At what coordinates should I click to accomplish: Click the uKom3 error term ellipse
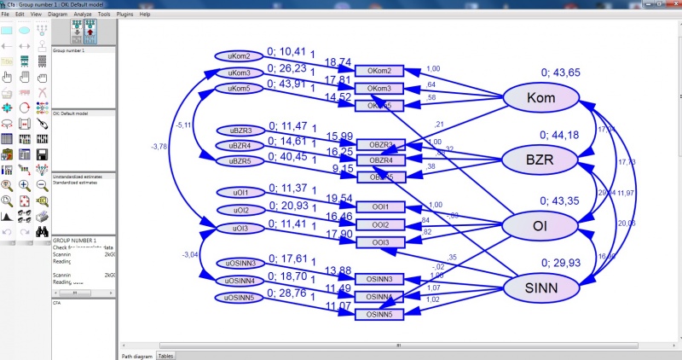point(239,73)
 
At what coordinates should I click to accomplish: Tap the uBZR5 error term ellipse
point(239,160)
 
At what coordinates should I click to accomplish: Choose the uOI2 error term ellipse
point(239,210)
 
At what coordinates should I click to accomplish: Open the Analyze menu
point(82,15)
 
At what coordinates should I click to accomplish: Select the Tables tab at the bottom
point(165,355)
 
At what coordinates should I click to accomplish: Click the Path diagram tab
point(136,355)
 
